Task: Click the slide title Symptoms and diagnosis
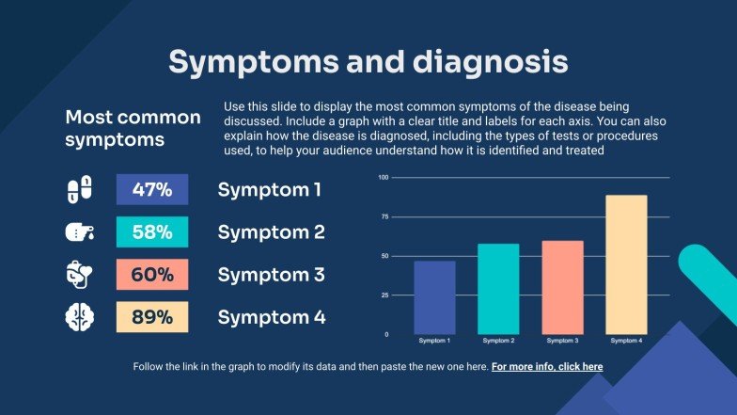(x=368, y=62)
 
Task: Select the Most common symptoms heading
(x=133, y=129)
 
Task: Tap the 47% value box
(x=151, y=189)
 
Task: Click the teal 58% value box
(x=151, y=231)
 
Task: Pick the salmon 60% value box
(x=151, y=275)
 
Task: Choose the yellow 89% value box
(x=151, y=317)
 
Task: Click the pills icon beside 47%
(x=81, y=189)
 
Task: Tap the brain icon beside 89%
(x=81, y=317)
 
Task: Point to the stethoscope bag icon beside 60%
(x=81, y=275)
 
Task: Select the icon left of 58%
(x=81, y=231)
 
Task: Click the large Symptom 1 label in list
(x=270, y=189)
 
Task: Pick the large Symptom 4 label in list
(x=272, y=317)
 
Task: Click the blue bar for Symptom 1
(x=434, y=296)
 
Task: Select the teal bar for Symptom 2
(x=498, y=288)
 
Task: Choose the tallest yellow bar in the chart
(x=626, y=263)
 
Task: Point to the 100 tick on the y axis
(x=384, y=177)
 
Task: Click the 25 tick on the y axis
(x=384, y=295)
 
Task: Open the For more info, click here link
(x=547, y=366)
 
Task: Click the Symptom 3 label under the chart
(x=562, y=340)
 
